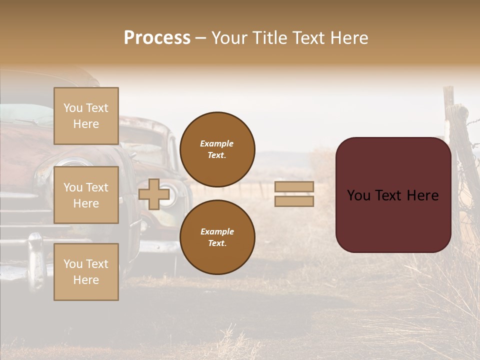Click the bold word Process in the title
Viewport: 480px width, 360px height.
pos(157,38)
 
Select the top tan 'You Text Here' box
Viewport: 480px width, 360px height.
pos(86,116)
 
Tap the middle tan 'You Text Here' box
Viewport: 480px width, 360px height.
pos(86,195)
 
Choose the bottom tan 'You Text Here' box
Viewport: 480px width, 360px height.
pos(86,271)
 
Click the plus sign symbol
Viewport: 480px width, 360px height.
pos(153,194)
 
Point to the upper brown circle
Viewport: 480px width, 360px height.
pos(217,149)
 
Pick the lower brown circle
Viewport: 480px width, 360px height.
pos(217,237)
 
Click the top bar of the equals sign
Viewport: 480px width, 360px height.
pos(294,186)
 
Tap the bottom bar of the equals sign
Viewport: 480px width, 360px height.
pos(294,201)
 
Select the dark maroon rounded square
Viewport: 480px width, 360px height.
pos(393,194)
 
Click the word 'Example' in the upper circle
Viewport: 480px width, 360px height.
pos(217,143)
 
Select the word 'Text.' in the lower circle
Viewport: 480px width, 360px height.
pos(217,243)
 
